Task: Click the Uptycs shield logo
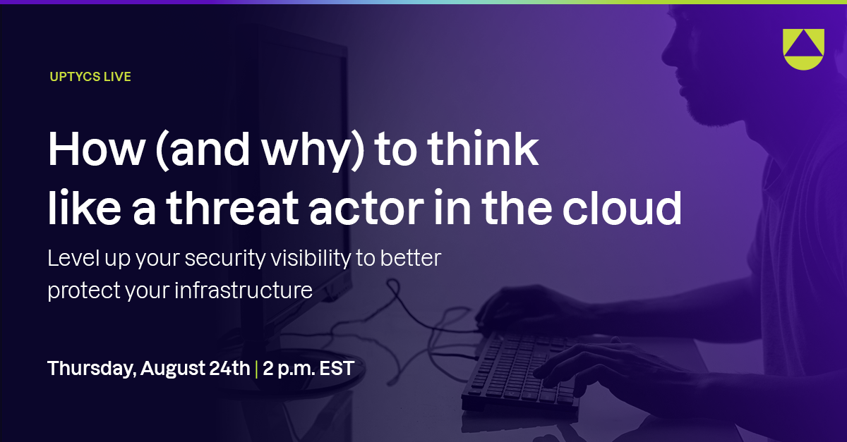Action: (x=803, y=49)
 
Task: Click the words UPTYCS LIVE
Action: (x=90, y=77)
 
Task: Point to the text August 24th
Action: (x=195, y=367)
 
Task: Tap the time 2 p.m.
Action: (x=287, y=368)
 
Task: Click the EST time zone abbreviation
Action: (x=336, y=367)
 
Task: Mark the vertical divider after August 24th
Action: (x=256, y=368)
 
